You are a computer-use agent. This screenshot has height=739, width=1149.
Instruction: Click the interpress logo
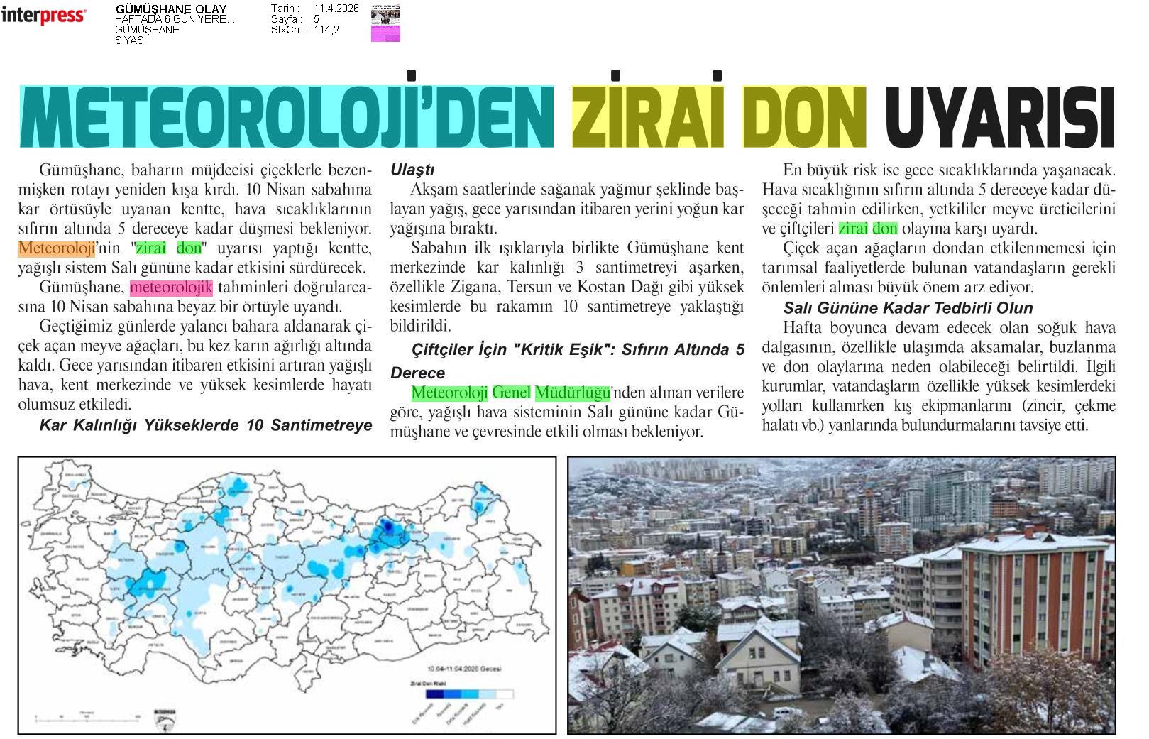click(x=43, y=16)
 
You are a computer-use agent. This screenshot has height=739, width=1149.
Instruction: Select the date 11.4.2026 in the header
click(x=336, y=9)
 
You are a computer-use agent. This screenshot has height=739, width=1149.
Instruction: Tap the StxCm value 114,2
click(x=326, y=30)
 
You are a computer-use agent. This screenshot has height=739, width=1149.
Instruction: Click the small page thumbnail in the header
click(x=385, y=23)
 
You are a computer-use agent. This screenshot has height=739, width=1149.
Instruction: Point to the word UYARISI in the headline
click(x=1000, y=116)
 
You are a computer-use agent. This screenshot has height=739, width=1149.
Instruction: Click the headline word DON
click(x=805, y=116)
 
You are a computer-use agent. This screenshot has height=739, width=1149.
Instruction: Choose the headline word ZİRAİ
click(x=648, y=115)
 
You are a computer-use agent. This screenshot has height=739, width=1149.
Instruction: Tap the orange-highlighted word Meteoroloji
click(x=57, y=248)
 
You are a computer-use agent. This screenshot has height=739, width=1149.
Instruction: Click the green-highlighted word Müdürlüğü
click(x=572, y=393)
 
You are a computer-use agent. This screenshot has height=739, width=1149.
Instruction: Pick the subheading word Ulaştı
click(x=412, y=170)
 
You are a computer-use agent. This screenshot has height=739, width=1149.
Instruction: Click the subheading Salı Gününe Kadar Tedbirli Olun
click(x=908, y=308)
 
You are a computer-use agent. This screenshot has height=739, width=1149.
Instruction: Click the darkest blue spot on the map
click(x=387, y=526)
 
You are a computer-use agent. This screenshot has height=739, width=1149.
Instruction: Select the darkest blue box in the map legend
click(x=434, y=694)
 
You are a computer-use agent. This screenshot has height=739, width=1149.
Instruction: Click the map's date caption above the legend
click(x=464, y=669)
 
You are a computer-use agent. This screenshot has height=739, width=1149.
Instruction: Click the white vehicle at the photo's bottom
click(x=788, y=713)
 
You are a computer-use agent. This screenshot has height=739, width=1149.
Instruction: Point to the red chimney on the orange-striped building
click(x=1028, y=531)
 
